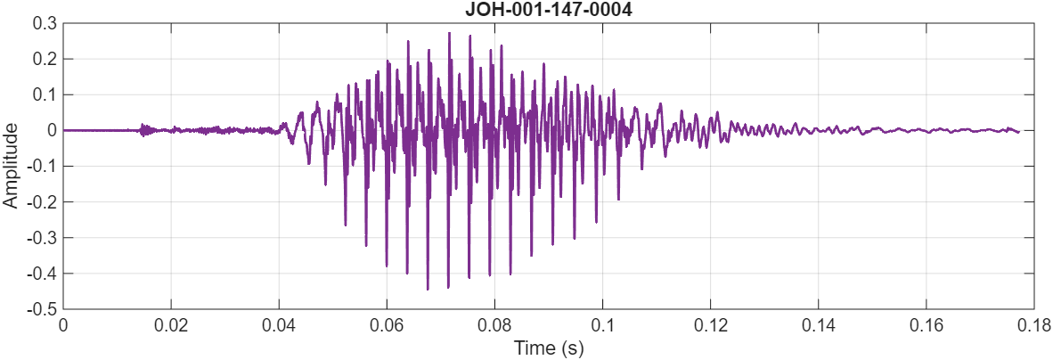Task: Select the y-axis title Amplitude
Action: tap(11, 166)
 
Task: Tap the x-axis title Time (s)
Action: tap(549, 348)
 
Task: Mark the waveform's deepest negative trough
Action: tap(428, 290)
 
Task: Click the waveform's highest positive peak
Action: tap(449, 33)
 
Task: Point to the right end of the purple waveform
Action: tap(1018, 132)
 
